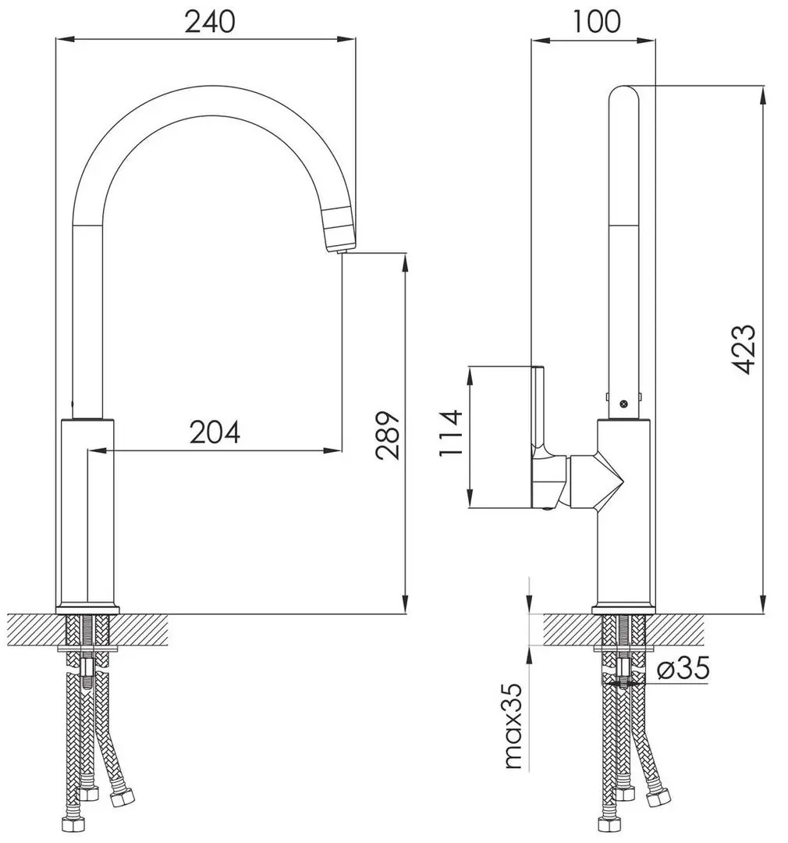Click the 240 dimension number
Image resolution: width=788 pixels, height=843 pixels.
coord(209,21)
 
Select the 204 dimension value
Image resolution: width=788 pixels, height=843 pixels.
coord(215,432)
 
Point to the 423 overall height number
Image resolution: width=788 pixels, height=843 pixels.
coord(744,349)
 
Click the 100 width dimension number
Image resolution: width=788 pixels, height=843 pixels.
coord(596,21)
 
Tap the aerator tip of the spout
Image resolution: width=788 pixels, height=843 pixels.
coord(340,234)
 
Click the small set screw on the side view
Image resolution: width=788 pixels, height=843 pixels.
coord(623,404)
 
